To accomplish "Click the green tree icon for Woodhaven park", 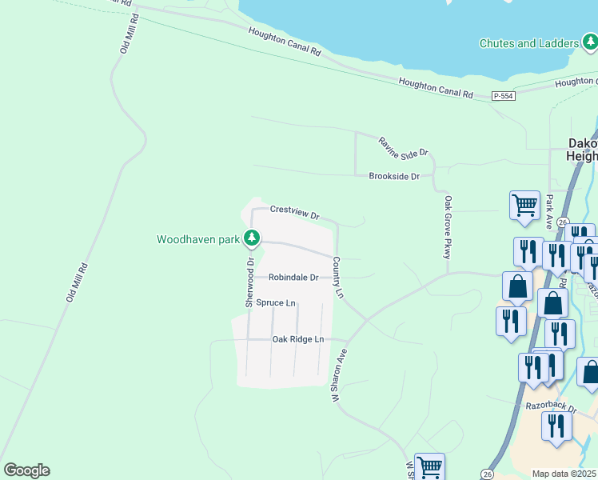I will [252, 238].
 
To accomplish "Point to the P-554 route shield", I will [504, 96].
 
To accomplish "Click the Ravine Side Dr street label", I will [404, 146].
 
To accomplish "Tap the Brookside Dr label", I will [394, 176].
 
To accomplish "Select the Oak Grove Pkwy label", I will [448, 227].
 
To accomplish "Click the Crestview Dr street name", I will [294, 213].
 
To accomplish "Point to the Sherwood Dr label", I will [249, 282].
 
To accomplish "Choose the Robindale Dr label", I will [293, 278].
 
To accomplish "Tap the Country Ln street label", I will [338, 278].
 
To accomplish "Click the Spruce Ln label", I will [276, 303].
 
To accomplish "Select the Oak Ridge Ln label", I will [297, 339].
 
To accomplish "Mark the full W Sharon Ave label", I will [337, 375].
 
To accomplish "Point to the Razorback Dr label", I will [551, 406].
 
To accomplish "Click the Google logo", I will [26, 470].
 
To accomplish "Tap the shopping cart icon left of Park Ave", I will [524, 205].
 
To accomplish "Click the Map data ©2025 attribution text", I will [564, 474].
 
